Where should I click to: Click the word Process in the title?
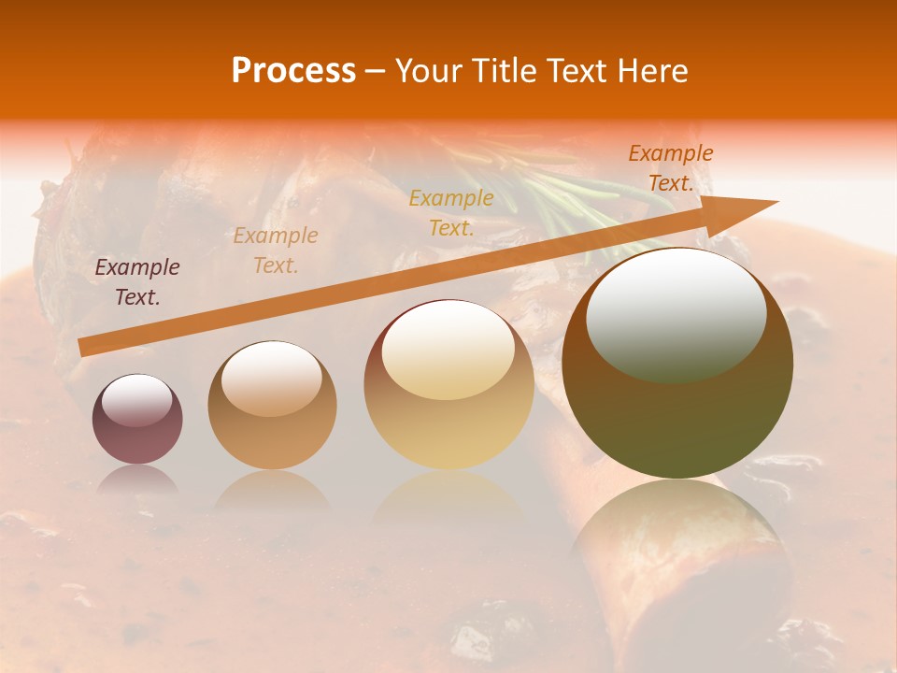[x=293, y=71]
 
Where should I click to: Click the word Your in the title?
[x=430, y=71]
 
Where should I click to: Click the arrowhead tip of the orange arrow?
[x=776, y=202]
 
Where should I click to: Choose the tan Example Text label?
[x=276, y=251]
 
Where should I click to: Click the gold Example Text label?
[x=451, y=212]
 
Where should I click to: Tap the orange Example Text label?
[x=671, y=168]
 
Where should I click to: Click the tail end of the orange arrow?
[x=84, y=348]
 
